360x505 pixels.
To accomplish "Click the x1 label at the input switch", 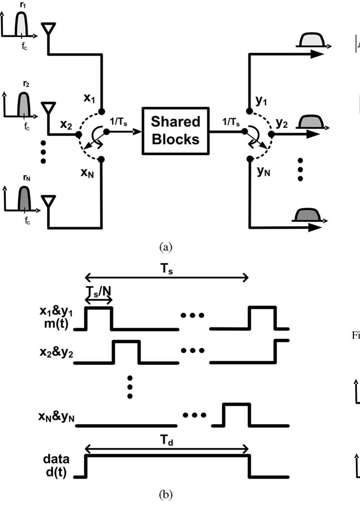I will [89, 98].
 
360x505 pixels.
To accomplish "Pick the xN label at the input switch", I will [87, 173].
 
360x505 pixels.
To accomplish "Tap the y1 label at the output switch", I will [261, 101].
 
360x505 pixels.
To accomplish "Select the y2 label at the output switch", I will [281, 123].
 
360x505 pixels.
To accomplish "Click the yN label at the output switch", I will [264, 171].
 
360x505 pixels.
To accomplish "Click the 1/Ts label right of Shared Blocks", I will [231, 122].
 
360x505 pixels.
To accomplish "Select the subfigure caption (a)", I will [166, 247].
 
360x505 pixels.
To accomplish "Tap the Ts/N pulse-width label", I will [99, 291].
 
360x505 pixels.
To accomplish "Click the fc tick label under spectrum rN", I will [27, 221].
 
